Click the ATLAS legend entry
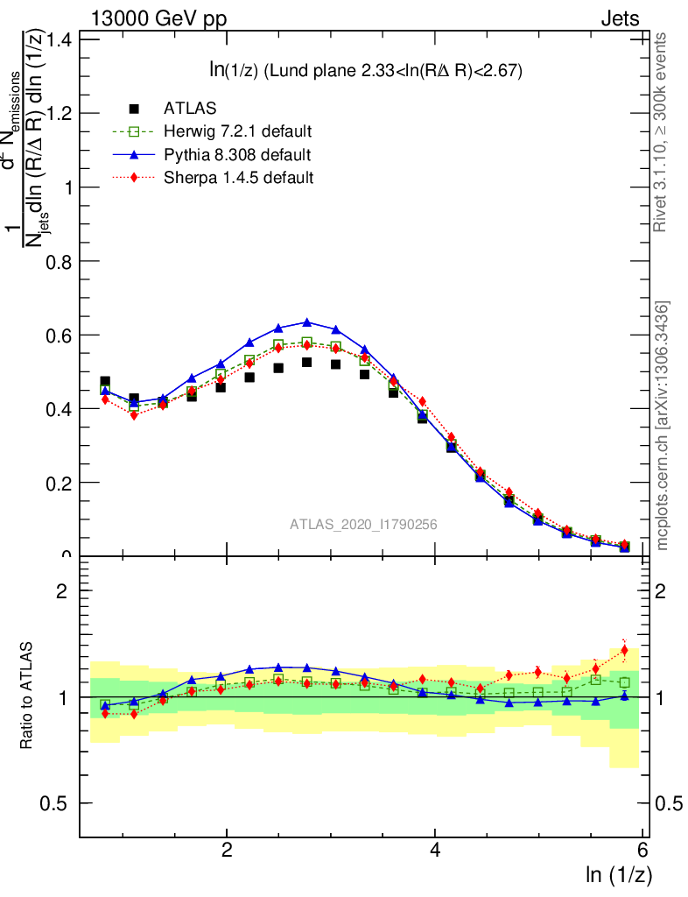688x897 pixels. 190,109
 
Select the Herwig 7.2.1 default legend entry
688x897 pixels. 237,131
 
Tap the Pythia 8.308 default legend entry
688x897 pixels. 236,155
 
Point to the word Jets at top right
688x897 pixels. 619,19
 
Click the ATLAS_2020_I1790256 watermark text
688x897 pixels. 363,525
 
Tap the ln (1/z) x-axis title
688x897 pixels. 617,873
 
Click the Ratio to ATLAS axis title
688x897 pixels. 28,696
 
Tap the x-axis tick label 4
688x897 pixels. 435,851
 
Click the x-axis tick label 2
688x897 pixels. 227,851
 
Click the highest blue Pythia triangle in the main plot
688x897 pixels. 307,322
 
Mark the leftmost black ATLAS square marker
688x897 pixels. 105,382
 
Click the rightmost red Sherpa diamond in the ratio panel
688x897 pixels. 624,650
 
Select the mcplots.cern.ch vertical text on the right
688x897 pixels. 663,425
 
